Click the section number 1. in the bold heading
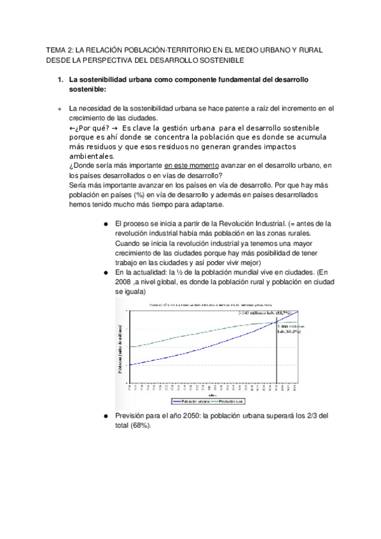(x=60, y=81)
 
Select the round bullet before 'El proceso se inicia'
(x=104, y=224)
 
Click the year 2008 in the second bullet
(x=124, y=282)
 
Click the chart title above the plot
(x=204, y=306)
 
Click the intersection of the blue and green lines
(x=276, y=323)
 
